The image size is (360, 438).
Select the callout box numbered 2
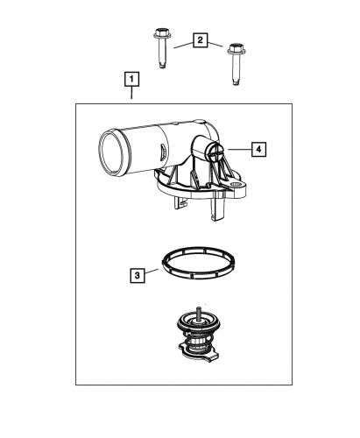pyautogui.click(x=201, y=40)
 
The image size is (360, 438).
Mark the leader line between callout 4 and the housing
pyautogui.click(x=236, y=150)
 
